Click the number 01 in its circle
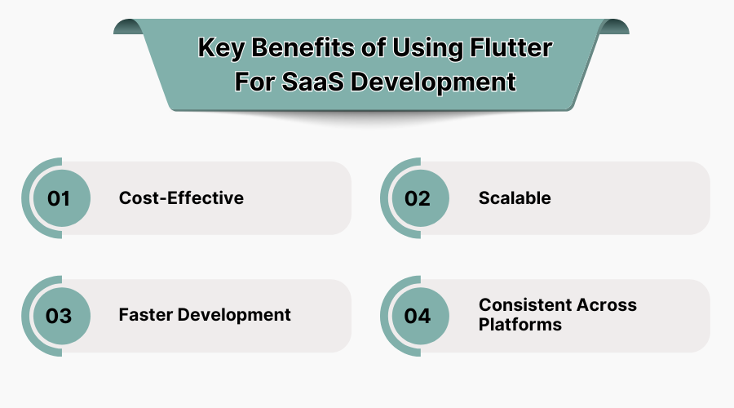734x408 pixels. coord(59,198)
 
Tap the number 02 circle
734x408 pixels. coord(417,198)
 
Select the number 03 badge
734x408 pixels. coord(59,316)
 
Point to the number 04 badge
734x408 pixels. coord(417,316)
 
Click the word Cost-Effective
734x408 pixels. coord(181,198)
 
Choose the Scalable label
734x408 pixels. coord(515,198)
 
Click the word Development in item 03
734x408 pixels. coord(237,315)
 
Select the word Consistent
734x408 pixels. coord(525,305)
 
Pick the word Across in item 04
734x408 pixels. coord(607,305)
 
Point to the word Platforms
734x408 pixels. coord(520,324)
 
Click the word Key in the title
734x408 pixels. coord(217,48)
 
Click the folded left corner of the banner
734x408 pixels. coord(127,27)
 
